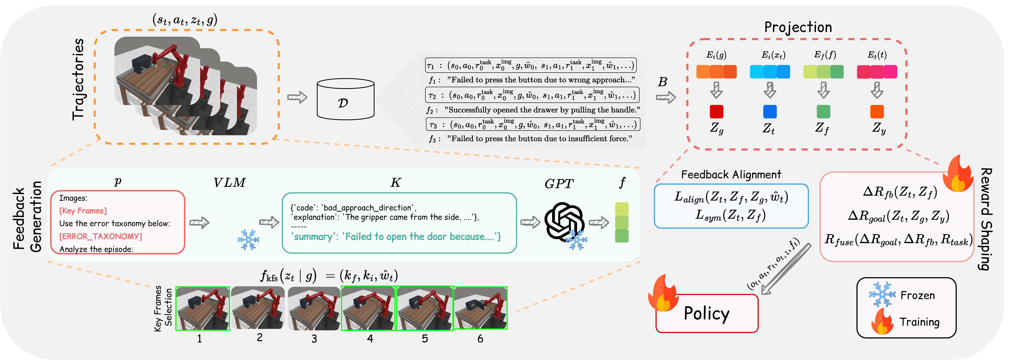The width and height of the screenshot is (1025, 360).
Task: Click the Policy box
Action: (707, 314)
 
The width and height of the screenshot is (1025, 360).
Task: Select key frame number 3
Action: (314, 308)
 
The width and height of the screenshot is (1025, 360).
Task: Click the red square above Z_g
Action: (716, 112)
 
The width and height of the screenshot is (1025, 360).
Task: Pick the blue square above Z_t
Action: (770, 112)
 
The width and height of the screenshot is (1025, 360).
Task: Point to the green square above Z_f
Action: (823, 112)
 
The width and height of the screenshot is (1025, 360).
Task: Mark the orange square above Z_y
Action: (877, 112)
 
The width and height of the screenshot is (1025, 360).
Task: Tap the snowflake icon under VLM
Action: (248, 239)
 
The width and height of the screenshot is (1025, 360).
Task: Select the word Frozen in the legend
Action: (918, 295)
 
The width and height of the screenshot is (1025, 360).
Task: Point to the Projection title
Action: (798, 27)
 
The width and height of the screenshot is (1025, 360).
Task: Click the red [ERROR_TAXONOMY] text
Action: (101, 236)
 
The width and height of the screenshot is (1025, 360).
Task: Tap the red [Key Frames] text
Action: (83, 211)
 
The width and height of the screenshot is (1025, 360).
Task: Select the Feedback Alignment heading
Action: (731, 175)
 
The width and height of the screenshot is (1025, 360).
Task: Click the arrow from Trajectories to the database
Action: (297, 97)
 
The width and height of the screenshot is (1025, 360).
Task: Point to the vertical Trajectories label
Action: (78, 80)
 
